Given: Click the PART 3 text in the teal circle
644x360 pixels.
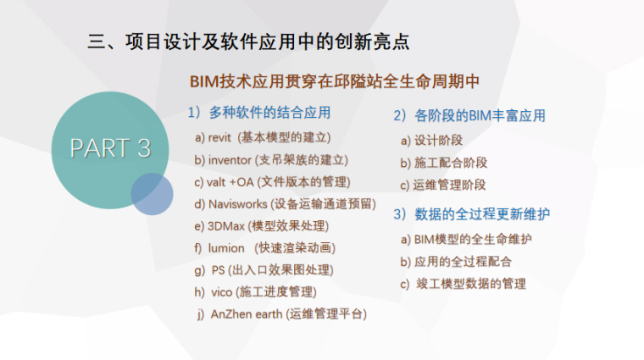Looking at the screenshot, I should [110, 148].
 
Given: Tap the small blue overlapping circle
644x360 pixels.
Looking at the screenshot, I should [153, 194].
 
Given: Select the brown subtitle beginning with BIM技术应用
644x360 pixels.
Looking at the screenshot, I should [336, 82].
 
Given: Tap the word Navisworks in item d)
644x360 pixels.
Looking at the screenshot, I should [237, 204].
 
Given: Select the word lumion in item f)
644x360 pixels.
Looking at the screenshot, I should [226, 248].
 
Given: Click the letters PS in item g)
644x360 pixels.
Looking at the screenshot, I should [219, 270].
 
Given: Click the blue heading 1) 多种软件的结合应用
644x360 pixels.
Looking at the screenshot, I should [258, 112].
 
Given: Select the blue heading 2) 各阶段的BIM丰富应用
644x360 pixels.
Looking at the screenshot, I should [469, 115].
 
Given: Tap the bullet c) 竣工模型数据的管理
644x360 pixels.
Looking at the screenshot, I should [464, 284].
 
